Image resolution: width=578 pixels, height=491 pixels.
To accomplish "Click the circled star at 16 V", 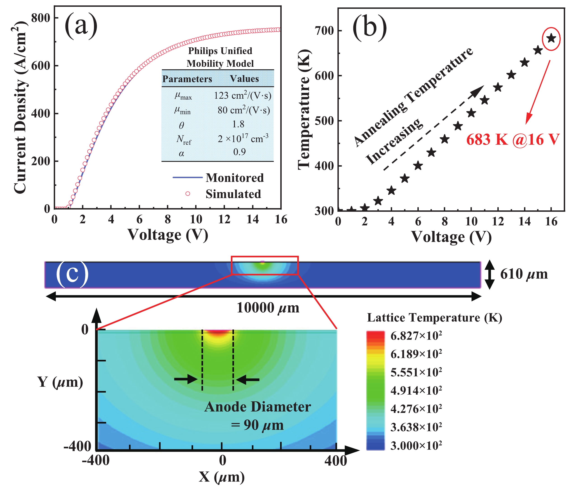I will click(551, 38).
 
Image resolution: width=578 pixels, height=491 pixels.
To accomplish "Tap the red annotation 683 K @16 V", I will click(512, 140).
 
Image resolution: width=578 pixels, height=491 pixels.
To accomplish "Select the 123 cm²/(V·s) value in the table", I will click(242, 95).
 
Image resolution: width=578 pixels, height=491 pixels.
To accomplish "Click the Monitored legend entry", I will click(234, 178).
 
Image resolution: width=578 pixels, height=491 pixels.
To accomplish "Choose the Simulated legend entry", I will click(233, 194).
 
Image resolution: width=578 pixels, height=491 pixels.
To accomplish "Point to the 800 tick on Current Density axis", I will click(41, 18).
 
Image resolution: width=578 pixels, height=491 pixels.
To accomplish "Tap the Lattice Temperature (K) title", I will click(434, 318).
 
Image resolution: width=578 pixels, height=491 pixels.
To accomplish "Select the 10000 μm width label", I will click(268, 308).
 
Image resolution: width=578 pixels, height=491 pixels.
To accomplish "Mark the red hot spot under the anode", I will click(218, 332).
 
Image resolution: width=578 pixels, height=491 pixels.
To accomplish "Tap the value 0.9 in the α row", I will click(239, 152).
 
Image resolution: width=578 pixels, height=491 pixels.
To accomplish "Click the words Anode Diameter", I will click(257, 407).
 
